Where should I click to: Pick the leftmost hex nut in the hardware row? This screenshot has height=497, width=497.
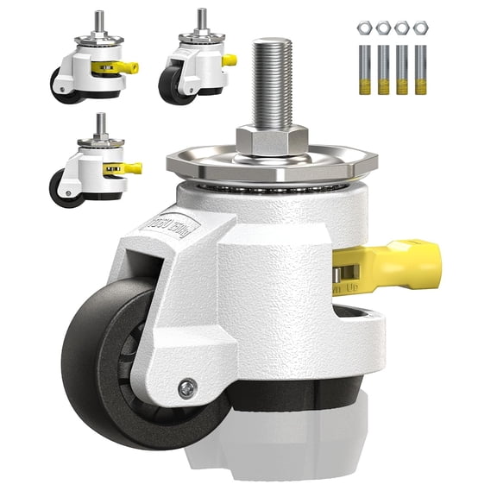(x=362, y=28)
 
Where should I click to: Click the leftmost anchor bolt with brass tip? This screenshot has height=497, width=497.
(x=362, y=69)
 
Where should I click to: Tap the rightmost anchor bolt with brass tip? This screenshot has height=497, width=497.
(x=422, y=69)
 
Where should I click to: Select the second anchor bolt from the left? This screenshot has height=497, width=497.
(x=382, y=69)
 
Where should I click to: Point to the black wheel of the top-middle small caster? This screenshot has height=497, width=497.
(x=178, y=86)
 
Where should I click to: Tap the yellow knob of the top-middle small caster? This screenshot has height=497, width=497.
(x=229, y=60)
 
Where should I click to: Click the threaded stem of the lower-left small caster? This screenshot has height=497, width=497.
(x=100, y=123)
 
